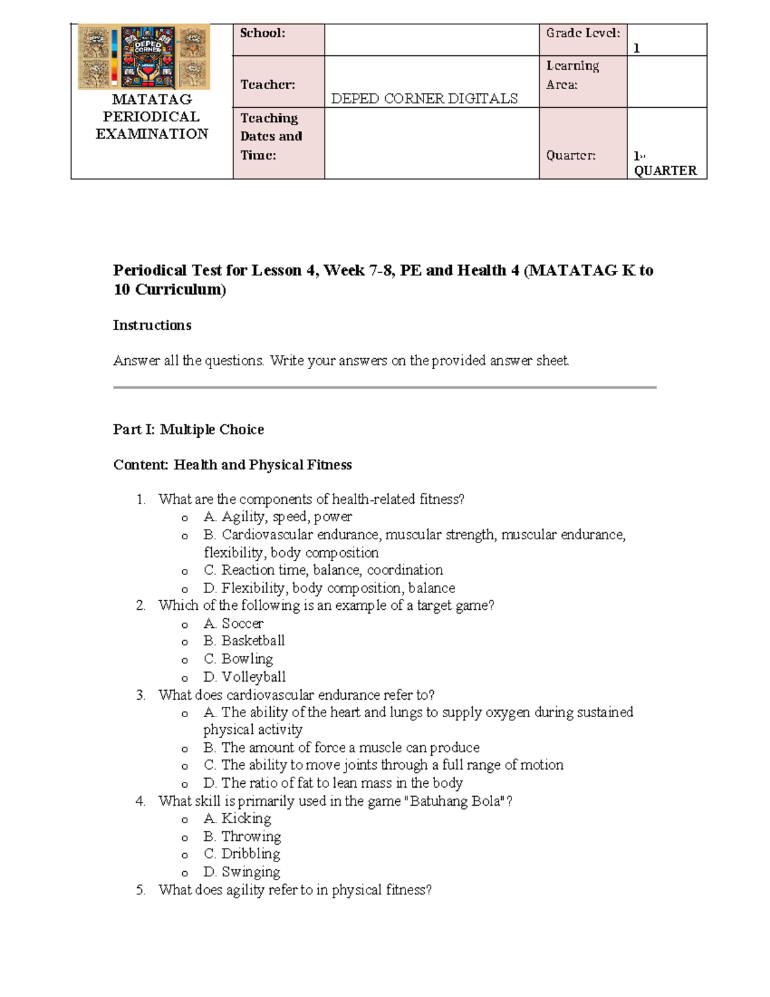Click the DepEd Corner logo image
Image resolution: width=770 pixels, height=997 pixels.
(144, 56)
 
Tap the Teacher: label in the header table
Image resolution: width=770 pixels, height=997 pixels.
(268, 85)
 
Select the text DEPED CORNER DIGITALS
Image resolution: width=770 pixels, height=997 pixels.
(424, 98)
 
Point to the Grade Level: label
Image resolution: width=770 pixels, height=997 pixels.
(583, 33)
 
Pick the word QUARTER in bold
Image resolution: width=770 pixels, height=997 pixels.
(665, 171)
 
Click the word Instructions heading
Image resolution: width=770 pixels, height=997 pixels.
(152, 325)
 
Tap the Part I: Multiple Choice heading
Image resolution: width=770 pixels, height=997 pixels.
(188, 429)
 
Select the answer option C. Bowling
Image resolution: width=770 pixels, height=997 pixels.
(238, 659)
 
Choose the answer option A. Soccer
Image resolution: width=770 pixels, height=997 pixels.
(234, 623)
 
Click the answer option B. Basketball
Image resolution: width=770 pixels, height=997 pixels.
(244, 641)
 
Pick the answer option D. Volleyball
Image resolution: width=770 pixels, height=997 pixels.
(244, 677)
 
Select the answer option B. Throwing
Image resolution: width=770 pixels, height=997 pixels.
(242, 837)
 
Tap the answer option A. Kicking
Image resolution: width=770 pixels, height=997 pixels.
(237, 819)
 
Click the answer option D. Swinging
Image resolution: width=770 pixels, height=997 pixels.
(242, 872)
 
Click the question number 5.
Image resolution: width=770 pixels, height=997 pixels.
(141, 890)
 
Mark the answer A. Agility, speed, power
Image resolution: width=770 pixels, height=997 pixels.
(278, 517)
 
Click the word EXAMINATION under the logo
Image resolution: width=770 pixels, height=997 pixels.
(152, 134)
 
